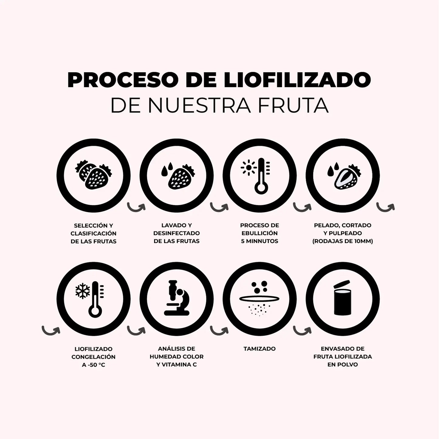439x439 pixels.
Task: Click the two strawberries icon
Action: [x=94, y=176]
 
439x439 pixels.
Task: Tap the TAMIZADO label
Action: [x=259, y=349]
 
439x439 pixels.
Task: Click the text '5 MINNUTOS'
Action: [x=259, y=241]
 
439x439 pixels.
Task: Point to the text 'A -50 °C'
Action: [x=93, y=365]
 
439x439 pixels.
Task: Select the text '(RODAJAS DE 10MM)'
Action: [x=342, y=241]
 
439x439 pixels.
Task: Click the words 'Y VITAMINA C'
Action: [x=177, y=365]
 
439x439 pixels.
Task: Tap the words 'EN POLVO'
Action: [x=342, y=365]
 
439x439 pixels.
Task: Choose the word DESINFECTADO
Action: [x=177, y=233]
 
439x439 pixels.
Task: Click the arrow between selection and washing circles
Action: [x=136, y=207]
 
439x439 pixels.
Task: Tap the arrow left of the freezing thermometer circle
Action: [x=51, y=330]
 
